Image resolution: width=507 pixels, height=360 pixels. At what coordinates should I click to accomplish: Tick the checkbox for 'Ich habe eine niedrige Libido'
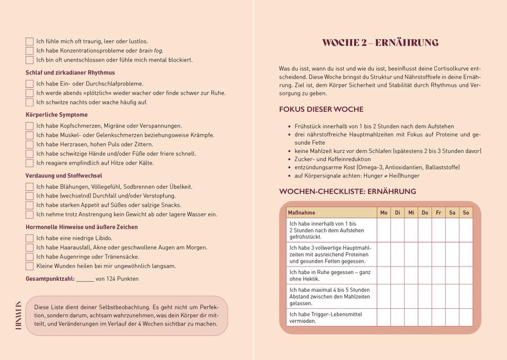[x=29, y=238]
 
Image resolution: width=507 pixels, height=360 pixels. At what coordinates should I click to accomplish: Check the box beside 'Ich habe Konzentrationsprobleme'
[x=29, y=51]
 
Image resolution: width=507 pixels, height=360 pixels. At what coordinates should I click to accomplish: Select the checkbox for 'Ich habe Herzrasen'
[x=29, y=145]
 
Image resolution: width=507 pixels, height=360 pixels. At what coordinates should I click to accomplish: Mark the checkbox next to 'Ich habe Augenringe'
[x=29, y=257]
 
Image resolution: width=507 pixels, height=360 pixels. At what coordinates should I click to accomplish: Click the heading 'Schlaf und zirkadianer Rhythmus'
[x=70, y=73]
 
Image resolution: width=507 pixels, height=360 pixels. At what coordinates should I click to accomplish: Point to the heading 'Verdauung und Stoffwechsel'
[x=64, y=176]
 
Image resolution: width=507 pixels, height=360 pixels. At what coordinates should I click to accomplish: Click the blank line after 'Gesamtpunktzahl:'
[x=85, y=279]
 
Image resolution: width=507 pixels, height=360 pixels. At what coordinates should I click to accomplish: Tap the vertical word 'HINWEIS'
[x=18, y=315]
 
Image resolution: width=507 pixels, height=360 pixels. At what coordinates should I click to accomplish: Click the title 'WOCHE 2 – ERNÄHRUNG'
[x=380, y=43]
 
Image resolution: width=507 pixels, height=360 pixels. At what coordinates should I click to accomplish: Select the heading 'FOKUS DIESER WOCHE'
[x=321, y=109]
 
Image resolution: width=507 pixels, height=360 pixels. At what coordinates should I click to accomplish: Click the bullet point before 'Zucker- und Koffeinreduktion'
[x=289, y=159]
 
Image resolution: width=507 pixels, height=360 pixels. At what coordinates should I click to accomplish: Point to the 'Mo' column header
[x=384, y=213]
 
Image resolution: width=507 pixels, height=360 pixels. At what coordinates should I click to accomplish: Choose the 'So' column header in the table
[x=466, y=213]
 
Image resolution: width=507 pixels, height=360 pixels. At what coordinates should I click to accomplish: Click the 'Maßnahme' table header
[x=301, y=213]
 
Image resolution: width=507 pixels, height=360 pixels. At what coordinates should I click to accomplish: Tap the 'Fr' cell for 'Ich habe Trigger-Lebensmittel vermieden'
[x=438, y=317]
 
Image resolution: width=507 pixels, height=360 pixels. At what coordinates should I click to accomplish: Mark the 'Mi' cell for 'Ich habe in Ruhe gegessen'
[x=411, y=275]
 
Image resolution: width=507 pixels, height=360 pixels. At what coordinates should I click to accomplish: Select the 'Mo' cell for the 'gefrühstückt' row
[x=384, y=230]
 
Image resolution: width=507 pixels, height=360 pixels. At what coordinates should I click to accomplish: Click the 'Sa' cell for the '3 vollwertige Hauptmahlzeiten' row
[x=452, y=254]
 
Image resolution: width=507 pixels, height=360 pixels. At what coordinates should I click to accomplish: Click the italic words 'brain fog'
[x=151, y=51]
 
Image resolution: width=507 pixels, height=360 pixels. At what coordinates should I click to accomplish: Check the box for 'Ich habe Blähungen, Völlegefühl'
[x=29, y=187]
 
